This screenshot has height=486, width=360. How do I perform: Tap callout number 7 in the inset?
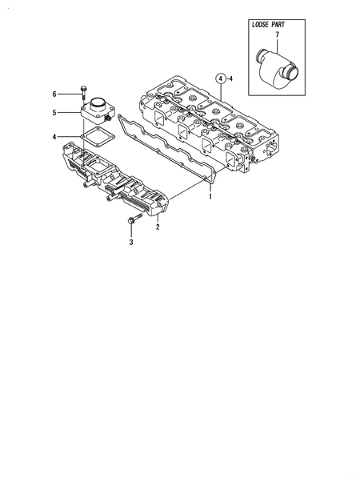pos(277,36)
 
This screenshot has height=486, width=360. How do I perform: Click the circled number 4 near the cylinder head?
pos(218,78)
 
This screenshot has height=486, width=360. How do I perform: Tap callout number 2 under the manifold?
pos(158,227)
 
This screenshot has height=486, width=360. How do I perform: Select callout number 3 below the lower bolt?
pos(130,239)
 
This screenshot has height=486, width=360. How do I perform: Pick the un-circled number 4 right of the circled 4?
pos(230,78)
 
